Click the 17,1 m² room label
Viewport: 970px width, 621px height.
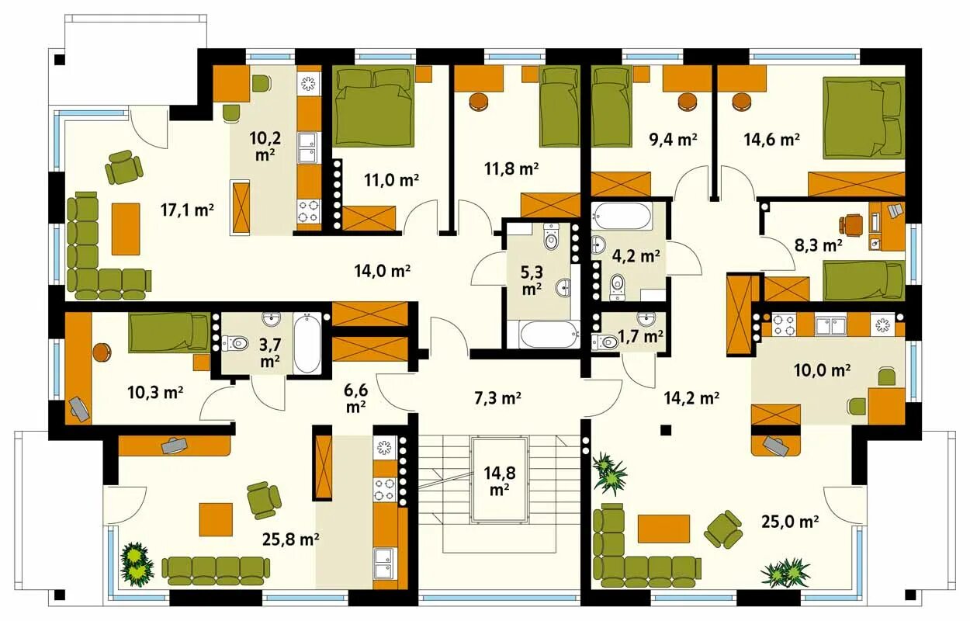pos(187,210)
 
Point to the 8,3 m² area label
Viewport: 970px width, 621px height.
pos(819,245)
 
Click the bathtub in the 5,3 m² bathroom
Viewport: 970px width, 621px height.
pos(549,334)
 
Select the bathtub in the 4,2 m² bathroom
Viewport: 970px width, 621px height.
pos(622,216)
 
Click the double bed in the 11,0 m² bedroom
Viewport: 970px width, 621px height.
pos(374,106)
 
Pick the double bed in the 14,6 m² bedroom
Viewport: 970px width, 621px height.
pos(864,117)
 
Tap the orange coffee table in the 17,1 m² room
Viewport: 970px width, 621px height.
pos(126,229)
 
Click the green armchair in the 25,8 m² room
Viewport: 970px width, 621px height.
pos(263,500)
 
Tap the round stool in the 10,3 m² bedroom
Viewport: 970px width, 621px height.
pos(102,352)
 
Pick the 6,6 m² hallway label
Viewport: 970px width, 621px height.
pos(356,398)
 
